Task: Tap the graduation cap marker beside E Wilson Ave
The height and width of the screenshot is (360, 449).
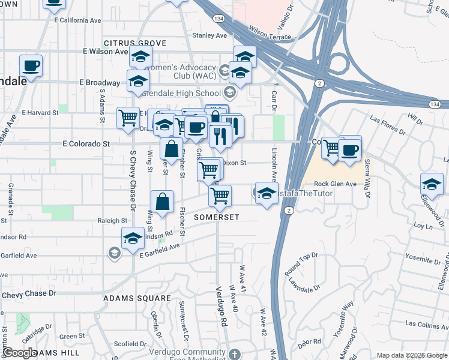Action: point(140,57)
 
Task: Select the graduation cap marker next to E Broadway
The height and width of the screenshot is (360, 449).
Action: point(138,81)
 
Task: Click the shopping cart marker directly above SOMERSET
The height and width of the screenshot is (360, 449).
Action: point(220,194)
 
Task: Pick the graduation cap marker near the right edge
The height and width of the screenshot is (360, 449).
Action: point(432,184)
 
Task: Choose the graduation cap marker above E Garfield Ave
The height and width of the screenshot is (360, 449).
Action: point(133,238)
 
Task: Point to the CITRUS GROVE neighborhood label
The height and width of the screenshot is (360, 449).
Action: point(134,43)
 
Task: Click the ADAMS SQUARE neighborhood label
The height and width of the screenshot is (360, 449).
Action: point(137,298)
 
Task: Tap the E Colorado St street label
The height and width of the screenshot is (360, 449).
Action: point(86,144)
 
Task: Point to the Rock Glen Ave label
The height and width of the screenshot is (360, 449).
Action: point(336,184)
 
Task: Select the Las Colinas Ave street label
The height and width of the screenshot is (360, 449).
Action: point(426,323)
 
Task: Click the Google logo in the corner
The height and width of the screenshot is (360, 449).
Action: point(20,353)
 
